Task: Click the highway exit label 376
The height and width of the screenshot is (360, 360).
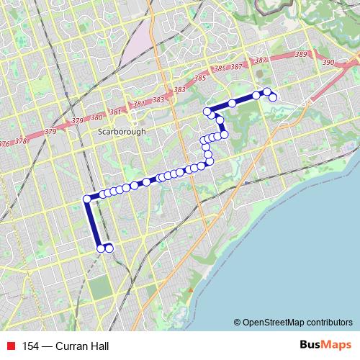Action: tap(5, 143)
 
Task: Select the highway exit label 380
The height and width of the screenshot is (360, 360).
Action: tap(96, 117)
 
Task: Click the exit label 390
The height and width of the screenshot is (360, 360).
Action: tap(328, 63)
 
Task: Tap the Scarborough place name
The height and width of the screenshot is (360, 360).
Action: tap(121, 132)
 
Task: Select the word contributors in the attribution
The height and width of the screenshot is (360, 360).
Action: tap(330, 322)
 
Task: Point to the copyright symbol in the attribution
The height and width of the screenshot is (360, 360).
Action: tap(237, 322)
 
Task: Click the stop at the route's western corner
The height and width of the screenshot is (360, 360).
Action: tap(87, 199)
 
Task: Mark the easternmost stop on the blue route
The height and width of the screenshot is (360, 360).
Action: tap(274, 97)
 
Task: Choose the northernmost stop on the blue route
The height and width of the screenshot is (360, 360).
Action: tap(266, 91)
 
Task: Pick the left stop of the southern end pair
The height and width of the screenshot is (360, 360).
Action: tap(100, 248)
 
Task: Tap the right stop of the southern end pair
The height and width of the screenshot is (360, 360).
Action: tap(109, 248)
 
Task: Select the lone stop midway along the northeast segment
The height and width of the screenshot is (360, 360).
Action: tap(232, 104)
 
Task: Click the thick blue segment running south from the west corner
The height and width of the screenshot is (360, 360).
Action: tap(93, 223)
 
